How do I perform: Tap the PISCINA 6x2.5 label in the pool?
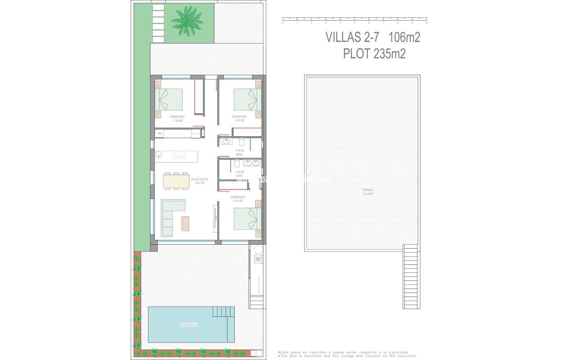pyautogui.click(x=189, y=324)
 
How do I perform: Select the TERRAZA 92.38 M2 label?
pyautogui.click(x=368, y=192)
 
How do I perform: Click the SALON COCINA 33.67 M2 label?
pyautogui.click(x=199, y=181)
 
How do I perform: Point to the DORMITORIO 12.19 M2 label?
pyautogui.click(x=237, y=199)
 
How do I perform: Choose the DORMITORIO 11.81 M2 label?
pyautogui.click(x=239, y=118)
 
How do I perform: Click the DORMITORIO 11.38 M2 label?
pyautogui.click(x=177, y=119)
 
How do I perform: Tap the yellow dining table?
pyautogui.click(x=176, y=181)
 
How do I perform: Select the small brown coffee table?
pyautogui.click(x=185, y=224)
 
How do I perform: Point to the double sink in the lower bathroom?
pyautogui.click(x=251, y=163)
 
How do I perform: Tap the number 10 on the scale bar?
pyautogui.click(x=426, y=23)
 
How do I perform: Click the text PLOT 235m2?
pyautogui.click(x=374, y=54)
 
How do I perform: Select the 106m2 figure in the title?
pyautogui.click(x=404, y=37)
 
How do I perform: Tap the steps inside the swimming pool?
pyautogui.click(x=224, y=312)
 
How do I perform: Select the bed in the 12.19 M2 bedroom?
pyautogui.click(x=247, y=219)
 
